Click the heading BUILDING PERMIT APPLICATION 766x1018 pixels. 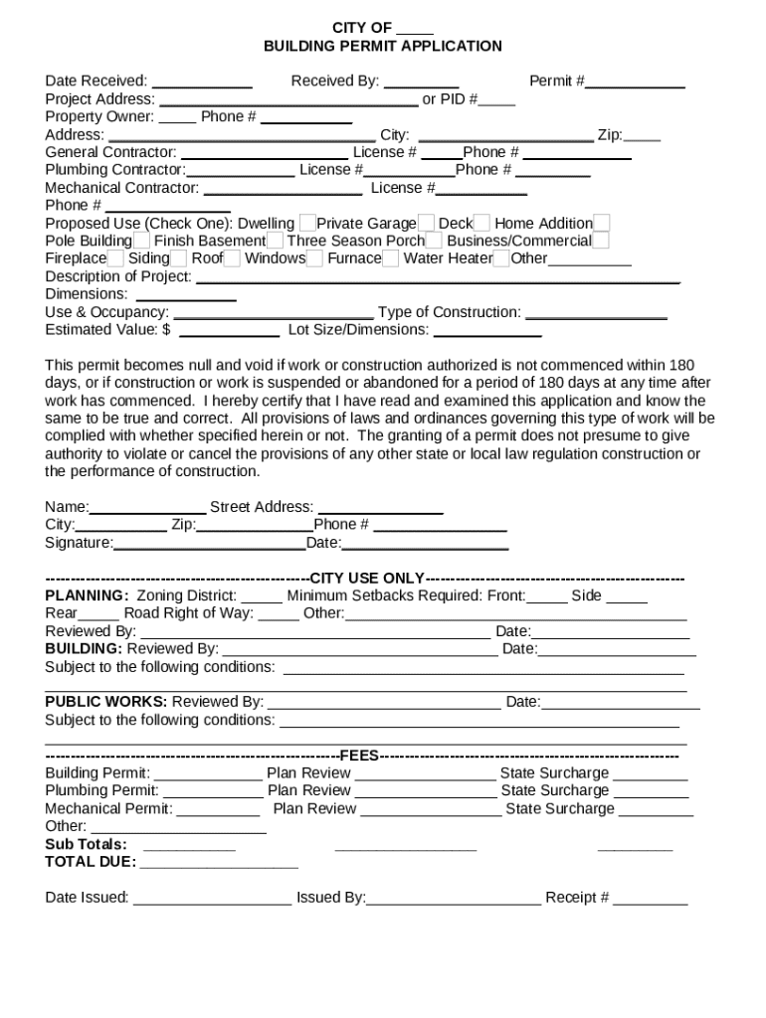[x=382, y=46]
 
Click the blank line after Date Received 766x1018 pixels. [x=202, y=83]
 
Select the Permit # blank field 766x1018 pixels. [x=635, y=83]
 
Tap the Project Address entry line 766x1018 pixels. [x=288, y=100]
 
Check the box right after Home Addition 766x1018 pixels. [x=602, y=224]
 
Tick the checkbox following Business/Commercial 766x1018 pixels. [x=601, y=242]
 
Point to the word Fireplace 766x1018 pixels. [x=76, y=258]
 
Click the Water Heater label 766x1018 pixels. [x=448, y=258]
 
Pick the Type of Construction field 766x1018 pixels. [x=596, y=313]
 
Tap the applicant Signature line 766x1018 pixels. [x=209, y=544]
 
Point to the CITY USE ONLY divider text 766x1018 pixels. [x=367, y=579]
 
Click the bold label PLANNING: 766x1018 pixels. [x=87, y=596]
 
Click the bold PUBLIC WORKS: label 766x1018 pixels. [x=106, y=702]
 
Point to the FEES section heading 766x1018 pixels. [x=359, y=756]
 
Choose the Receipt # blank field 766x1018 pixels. [x=651, y=899]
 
